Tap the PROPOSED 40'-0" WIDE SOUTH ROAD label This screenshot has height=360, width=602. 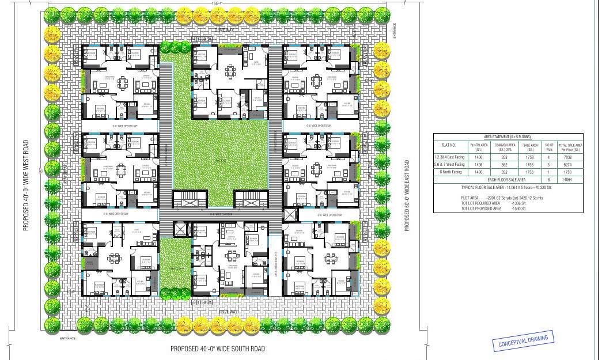coord(218,349)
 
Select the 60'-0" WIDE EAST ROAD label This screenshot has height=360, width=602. coord(407,195)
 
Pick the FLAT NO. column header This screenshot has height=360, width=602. coord(448,145)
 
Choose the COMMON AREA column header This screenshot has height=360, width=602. coord(505,145)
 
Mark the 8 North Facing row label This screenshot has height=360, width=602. coord(450,172)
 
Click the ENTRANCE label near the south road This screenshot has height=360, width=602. coord(67,339)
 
